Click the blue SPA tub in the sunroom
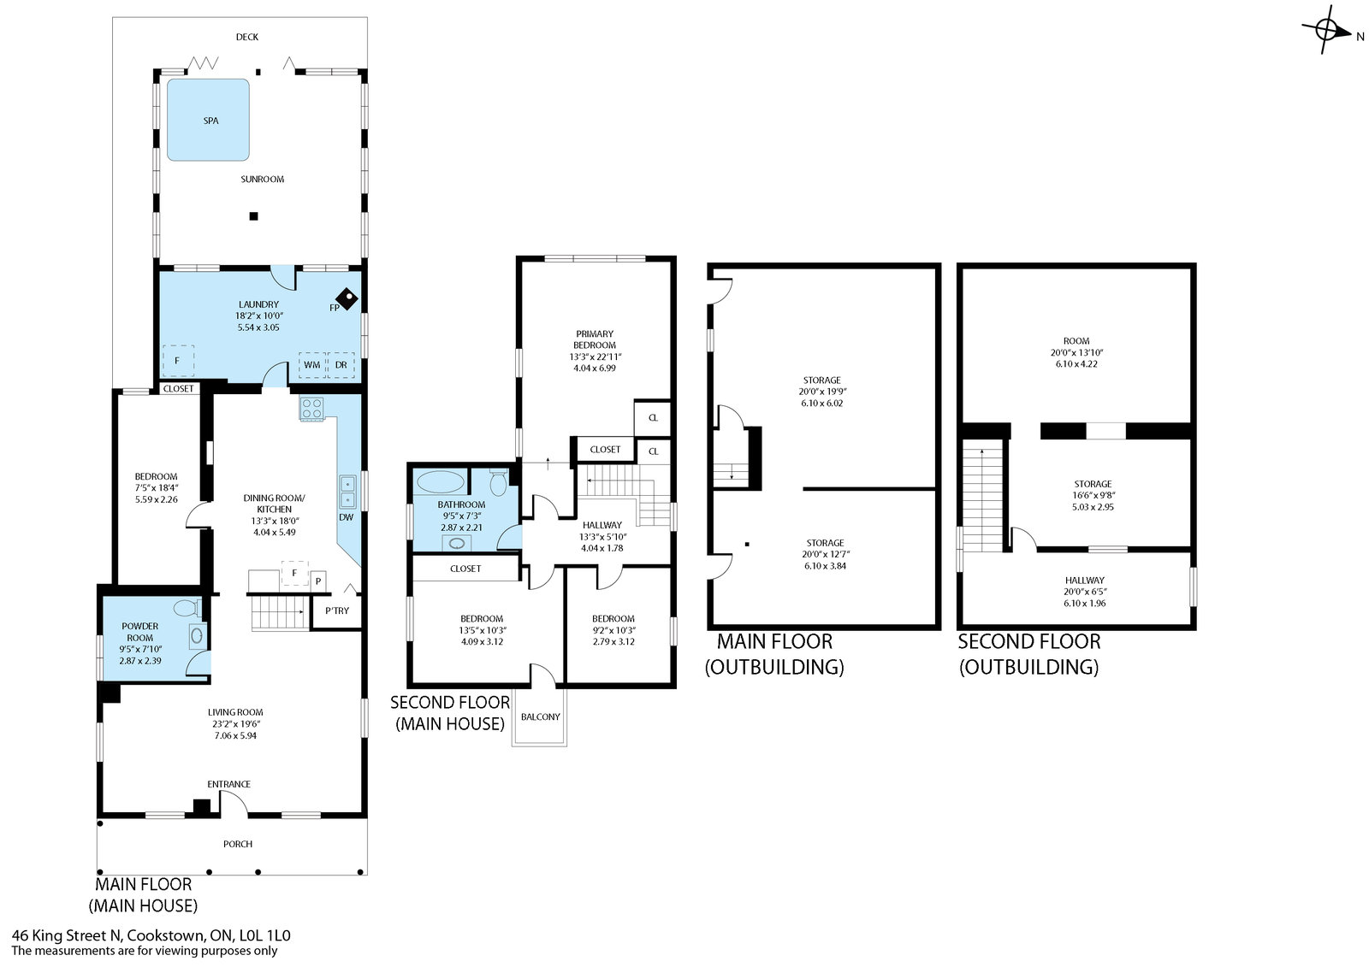(x=209, y=120)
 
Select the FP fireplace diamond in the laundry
(x=347, y=298)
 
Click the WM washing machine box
(x=311, y=365)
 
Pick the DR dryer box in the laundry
(x=341, y=365)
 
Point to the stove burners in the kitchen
(x=311, y=408)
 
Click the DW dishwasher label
(x=346, y=517)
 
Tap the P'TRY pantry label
(x=337, y=610)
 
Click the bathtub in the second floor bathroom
(x=440, y=482)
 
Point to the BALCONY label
(x=540, y=716)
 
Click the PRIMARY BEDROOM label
(x=595, y=339)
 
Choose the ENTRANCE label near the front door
(x=228, y=784)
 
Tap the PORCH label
(x=238, y=844)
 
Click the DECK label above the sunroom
(x=247, y=37)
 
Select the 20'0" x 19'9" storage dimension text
(x=822, y=392)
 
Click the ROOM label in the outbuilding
(x=1076, y=341)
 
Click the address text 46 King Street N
(x=68, y=935)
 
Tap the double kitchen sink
(x=347, y=492)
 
